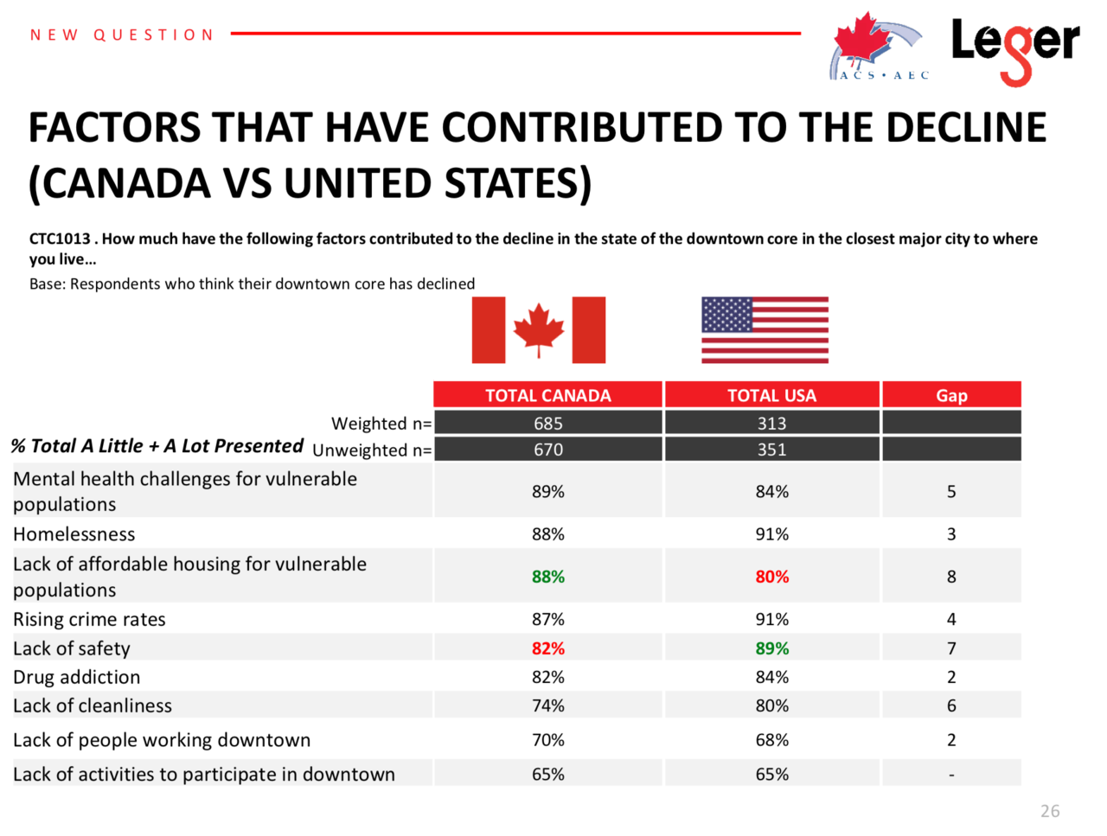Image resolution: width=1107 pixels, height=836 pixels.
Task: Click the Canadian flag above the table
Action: pyautogui.click(x=538, y=329)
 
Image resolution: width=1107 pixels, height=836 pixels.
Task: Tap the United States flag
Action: pyautogui.click(x=765, y=329)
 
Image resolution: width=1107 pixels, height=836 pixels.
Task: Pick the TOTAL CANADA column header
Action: pyautogui.click(x=547, y=395)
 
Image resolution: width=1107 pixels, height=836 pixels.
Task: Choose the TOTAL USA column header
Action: pyautogui.click(x=771, y=395)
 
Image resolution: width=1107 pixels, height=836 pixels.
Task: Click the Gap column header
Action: pyautogui.click(x=951, y=395)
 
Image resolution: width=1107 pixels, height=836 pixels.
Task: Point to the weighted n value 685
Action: pyautogui.click(x=547, y=423)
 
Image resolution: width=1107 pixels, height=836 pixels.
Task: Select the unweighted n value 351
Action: pyautogui.click(x=771, y=449)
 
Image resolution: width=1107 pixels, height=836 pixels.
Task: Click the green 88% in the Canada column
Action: pyautogui.click(x=548, y=576)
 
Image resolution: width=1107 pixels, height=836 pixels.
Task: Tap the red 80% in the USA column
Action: pyautogui.click(x=772, y=576)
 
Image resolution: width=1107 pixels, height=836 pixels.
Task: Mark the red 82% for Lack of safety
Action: pyautogui.click(x=548, y=648)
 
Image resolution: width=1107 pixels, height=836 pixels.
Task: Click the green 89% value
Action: pyautogui.click(x=772, y=648)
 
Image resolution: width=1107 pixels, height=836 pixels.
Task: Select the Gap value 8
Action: pyautogui.click(x=951, y=576)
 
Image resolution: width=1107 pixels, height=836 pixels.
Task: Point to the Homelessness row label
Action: pyautogui.click(x=74, y=533)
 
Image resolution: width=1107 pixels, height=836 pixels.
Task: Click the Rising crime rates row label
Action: pyautogui.click(x=89, y=619)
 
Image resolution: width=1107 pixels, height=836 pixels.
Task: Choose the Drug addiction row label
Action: pyautogui.click(x=77, y=677)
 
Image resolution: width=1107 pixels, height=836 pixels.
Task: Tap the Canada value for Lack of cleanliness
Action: pyautogui.click(x=548, y=705)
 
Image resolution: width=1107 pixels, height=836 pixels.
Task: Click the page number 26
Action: pyautogui.click(x=1050, y=811)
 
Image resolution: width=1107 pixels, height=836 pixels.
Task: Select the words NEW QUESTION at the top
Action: pyautogui.click(x=122, y=35)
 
